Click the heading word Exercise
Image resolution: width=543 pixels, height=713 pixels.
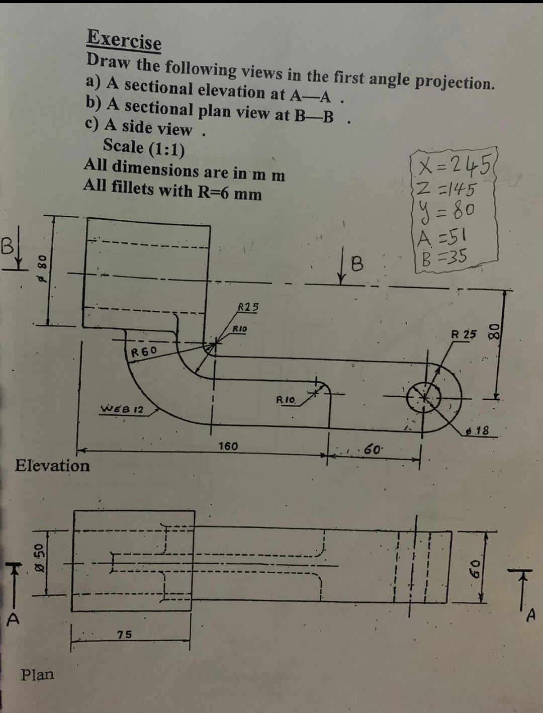pos(124,40)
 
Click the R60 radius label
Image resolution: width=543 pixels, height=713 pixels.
pos(144,350)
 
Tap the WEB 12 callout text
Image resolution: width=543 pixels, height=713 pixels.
pos(123,409)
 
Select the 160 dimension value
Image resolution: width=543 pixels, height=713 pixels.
pos(228,446)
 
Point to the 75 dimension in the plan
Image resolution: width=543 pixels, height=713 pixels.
pos(125,635)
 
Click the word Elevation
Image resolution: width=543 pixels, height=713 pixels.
pos(52,466)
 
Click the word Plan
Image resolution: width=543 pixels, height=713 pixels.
pos(37,674)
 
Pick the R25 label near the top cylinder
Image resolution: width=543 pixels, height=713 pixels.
pos(247,307)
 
